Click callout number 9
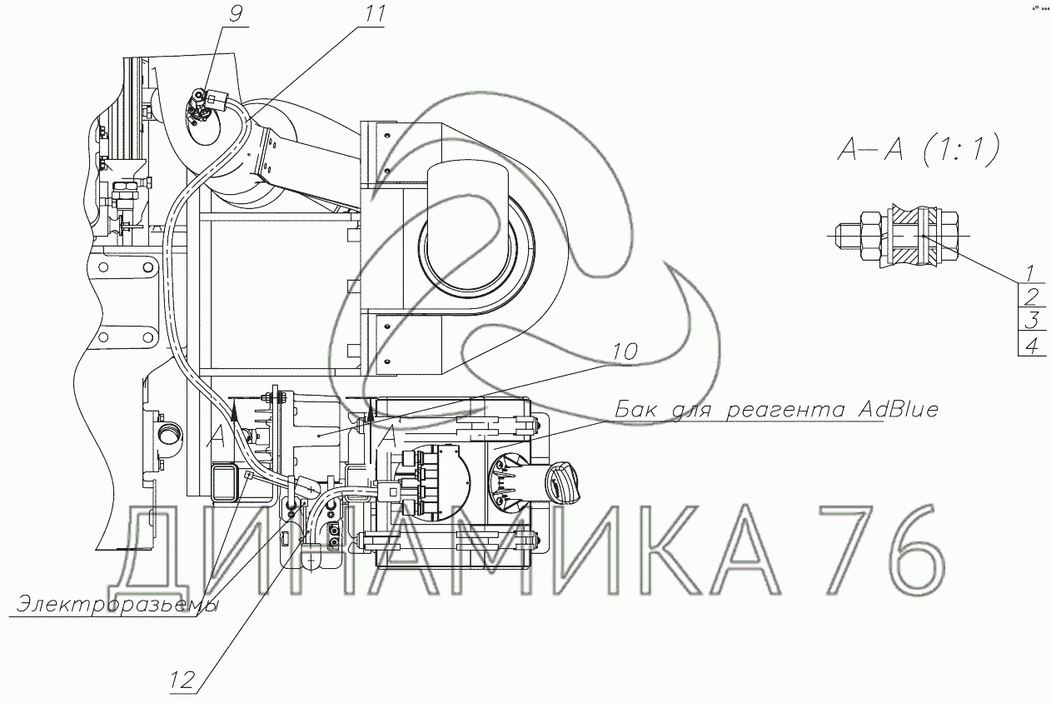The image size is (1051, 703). pos(236,14)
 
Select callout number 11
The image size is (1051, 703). pos(374,14)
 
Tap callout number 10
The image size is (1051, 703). pos(625,351)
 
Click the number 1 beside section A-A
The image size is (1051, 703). pos(1030,272)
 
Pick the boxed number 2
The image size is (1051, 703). pos(1032,297)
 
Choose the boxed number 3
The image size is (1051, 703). pos(1032,321)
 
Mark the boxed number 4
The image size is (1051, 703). pos(1032,346)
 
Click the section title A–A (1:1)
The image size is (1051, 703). pos(919,150)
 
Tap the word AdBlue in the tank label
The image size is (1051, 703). pos(898,410)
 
